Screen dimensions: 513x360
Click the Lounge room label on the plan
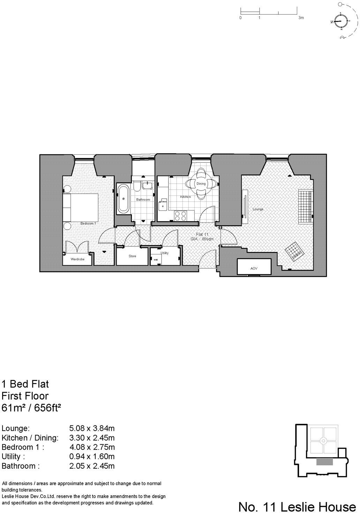pos(258,209)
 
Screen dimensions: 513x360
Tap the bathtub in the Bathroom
pos(123,199)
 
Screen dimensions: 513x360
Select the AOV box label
pos(254,269)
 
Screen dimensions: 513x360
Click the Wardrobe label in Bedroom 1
pos(77,259)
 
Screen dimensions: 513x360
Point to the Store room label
pos(132,256)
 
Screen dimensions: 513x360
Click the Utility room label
pos(164,253)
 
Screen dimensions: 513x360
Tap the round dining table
pos(201,183)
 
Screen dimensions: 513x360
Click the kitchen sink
pos(162,206)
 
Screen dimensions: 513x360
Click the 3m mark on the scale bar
pos(301,17)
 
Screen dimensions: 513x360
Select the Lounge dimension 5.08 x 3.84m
pos(92,428)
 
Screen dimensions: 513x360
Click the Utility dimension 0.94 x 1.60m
pos(92,457)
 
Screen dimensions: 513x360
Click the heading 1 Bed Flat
pos(25,384)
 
